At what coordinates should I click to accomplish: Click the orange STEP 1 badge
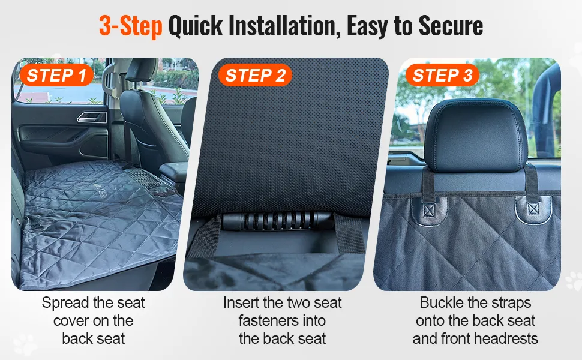point(56,76)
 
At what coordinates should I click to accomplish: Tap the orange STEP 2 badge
point(256,76)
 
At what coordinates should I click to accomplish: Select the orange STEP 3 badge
point(442,76)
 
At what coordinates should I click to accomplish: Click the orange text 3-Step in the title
point(131,26)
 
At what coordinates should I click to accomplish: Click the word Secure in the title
point(451,26)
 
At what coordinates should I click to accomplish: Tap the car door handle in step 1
point(92,117)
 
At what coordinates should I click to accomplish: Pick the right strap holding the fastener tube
point(349,234)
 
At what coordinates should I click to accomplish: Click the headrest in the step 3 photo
point(475,136)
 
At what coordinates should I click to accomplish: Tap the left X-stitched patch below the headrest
point(429,211)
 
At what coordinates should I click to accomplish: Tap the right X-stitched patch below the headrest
point(533,209)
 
